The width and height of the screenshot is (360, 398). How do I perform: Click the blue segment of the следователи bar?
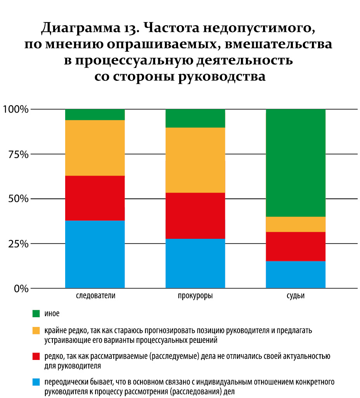click(x=95, y=254)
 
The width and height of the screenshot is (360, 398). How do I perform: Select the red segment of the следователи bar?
click(x=95, y=198)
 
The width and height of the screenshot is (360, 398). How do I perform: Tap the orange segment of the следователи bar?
click(x=95, y=148)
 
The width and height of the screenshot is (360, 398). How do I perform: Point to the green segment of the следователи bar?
click(x=95, y=115)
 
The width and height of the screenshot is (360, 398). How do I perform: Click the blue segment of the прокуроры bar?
click(x=195, y=263)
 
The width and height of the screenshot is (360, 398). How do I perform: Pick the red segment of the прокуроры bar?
click(x=195, y=216)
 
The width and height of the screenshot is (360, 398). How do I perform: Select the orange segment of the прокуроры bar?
click(x=195, y=160)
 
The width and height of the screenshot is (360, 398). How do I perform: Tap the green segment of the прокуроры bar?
click(x=195, y=118)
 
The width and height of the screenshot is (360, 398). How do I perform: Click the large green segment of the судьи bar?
click(x=296, y=163)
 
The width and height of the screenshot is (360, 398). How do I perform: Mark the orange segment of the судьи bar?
click(x=296, y=224)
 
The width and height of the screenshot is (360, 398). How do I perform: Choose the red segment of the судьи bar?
click(x=296, y=246)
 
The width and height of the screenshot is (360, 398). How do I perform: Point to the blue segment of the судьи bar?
click(x=296, y=275)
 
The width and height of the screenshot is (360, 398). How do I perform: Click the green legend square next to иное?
click(x=36, y=313)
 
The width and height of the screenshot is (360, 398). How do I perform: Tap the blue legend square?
click(x=36, y=382)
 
